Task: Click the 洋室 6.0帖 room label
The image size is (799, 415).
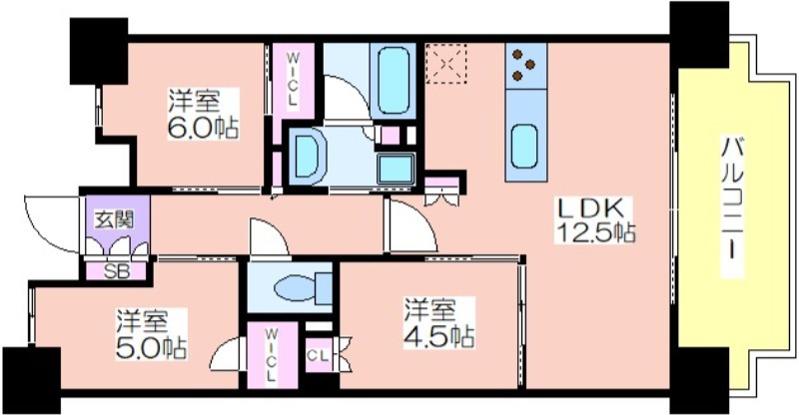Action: pos(204,114)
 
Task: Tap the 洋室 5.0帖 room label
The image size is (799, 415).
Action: pos(151,334)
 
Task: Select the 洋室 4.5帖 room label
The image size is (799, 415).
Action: pos(439,323)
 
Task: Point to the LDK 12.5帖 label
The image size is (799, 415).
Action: pos(595,219)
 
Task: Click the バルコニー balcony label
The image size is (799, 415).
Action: pos(733,207)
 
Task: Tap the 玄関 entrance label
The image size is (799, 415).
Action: pos(115,220)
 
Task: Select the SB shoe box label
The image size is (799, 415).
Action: pos(117,272)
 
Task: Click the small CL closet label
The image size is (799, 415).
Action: pos(318,356)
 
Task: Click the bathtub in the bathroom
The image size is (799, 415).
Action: pos(394,81)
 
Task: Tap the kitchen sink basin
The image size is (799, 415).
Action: pos(524,146)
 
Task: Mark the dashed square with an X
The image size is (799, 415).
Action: pos(446,63)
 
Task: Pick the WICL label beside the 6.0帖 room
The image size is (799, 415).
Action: pos(293,80)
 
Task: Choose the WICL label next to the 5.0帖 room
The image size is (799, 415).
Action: pos(271,355)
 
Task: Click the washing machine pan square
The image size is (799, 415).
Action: pos(396,167)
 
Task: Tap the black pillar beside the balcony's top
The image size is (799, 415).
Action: pos(699,35)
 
